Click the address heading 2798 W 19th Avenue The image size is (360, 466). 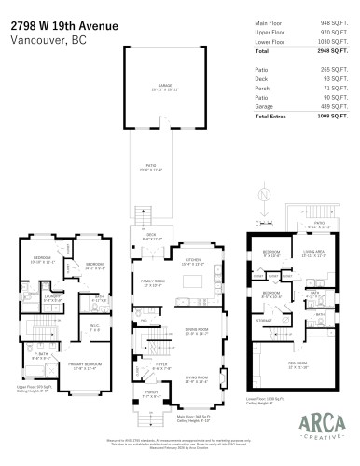point(64,26)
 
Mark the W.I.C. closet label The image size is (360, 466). point(94,325)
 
